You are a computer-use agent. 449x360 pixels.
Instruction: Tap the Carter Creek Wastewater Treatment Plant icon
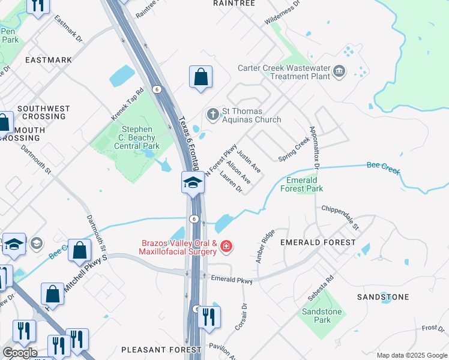[339, 72]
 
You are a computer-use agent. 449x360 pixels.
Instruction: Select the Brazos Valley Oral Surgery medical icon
[226, 246]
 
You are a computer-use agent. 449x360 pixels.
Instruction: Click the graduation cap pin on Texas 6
[192, 182]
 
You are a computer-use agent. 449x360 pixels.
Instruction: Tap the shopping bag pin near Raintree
[200, 78]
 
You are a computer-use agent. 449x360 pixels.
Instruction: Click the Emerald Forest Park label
[304, 184]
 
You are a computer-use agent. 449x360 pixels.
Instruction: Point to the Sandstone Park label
[321, 316]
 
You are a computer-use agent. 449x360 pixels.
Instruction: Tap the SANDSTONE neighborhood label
[383, 297]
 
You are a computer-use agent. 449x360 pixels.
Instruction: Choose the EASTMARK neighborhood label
[49, 60]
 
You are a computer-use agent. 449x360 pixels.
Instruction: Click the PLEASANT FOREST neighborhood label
[161, 349]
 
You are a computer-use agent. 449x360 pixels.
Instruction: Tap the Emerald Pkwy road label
[232, 278]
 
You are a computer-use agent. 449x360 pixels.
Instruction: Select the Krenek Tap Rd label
[128, 103]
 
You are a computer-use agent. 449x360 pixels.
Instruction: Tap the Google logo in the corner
[20, 353]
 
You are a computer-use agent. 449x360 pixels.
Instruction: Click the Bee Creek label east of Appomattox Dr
[383, 167]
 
